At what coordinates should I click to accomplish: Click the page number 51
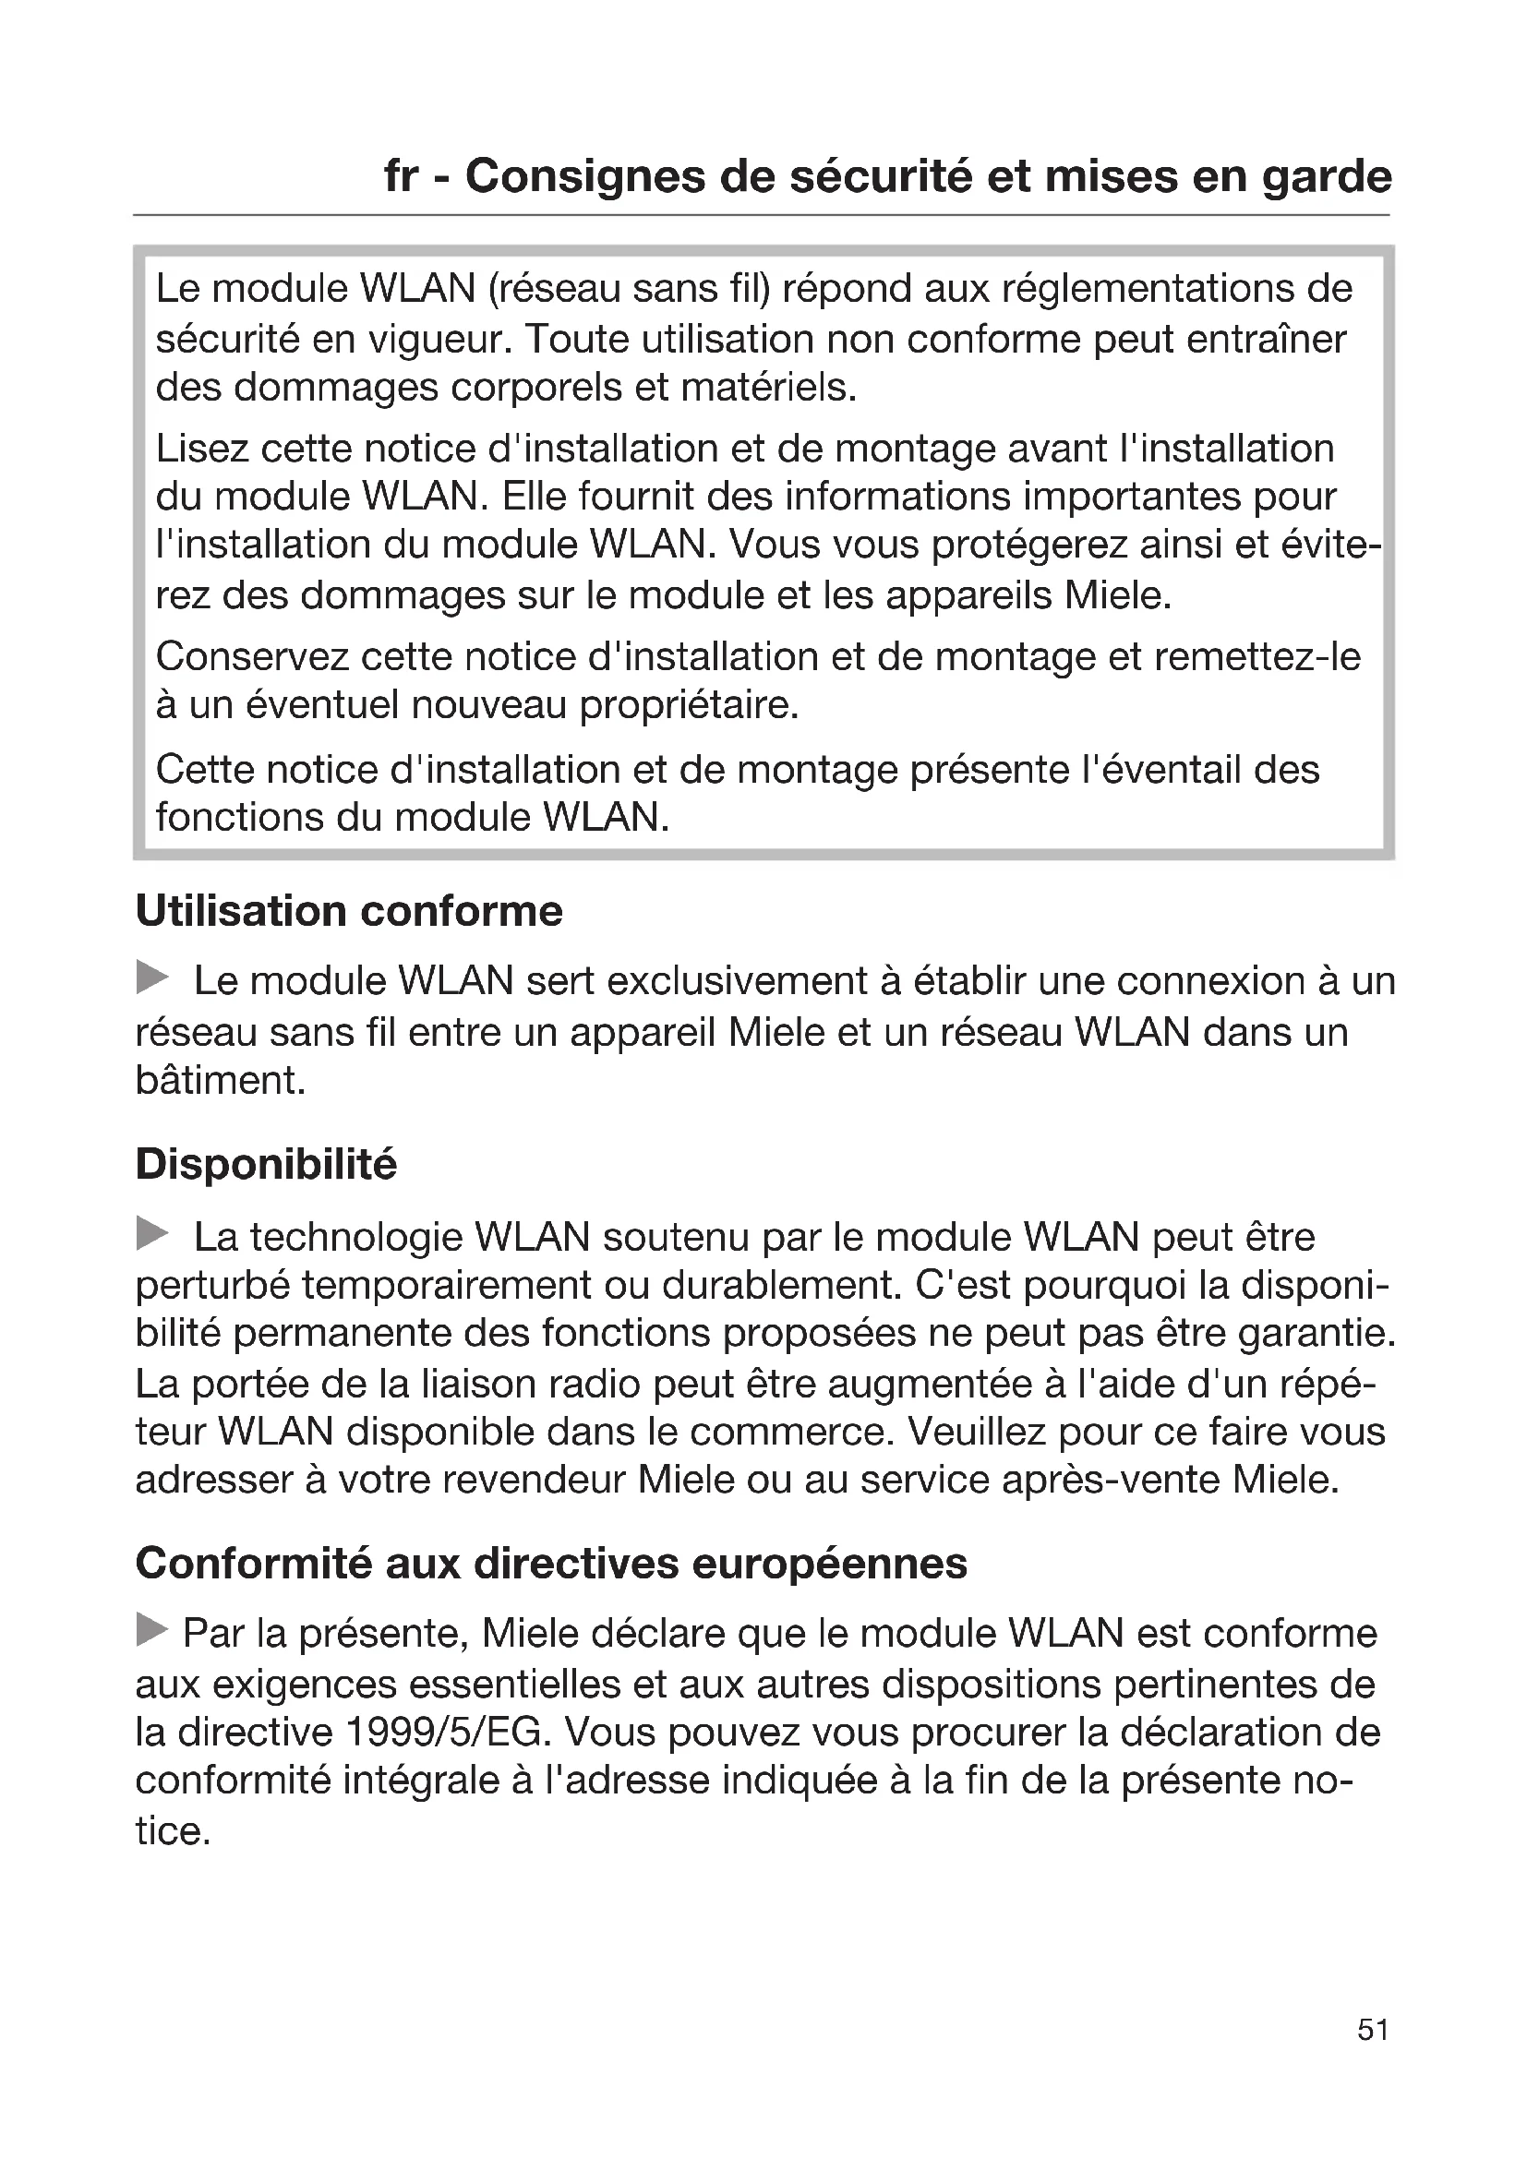[1373, 2057]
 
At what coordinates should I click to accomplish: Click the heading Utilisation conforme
[349, 911]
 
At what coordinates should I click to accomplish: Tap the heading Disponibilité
[266, 1164]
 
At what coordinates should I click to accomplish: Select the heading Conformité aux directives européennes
[551, 1564]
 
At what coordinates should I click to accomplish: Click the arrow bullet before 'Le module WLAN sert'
[152, 977]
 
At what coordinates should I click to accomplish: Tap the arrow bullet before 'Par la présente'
[152, 1629]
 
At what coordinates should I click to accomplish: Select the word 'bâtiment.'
[221, 1081]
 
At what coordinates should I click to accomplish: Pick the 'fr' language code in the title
[402, 177]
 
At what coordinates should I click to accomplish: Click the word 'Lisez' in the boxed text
[202, 449]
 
